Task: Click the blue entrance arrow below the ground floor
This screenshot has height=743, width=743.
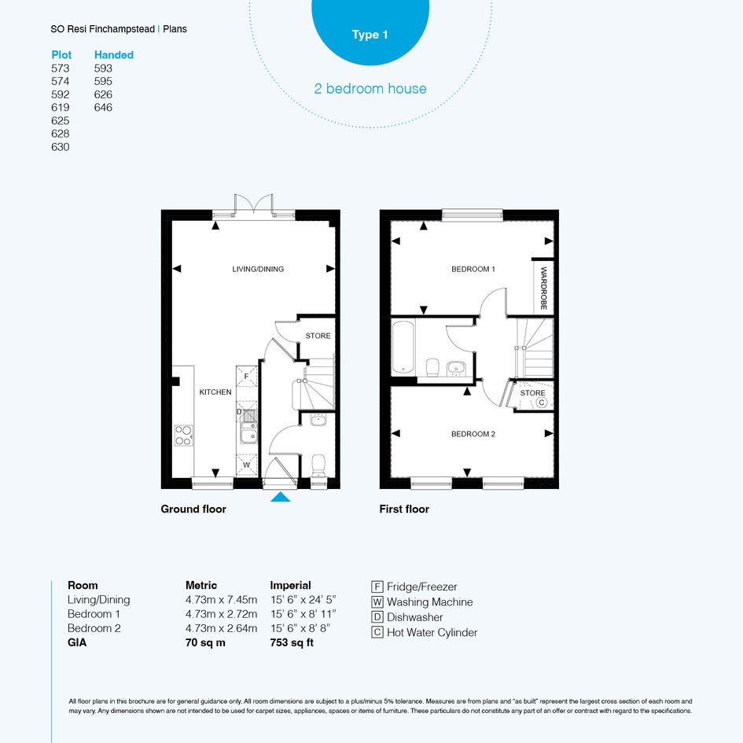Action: pos(281,497)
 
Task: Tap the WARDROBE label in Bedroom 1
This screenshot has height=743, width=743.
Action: pos(543,288)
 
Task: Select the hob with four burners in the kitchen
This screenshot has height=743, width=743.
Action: pos(184,436)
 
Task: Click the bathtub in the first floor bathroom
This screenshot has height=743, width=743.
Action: pos(403,348)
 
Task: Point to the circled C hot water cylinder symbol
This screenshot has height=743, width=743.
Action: pos(542,403)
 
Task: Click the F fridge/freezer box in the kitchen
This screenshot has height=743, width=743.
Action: pos(246,377)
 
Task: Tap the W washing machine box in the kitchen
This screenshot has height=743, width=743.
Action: pos(246,465)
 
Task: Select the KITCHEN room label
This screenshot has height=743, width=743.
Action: pos(215,392)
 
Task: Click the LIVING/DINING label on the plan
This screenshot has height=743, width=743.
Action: pos(258,269)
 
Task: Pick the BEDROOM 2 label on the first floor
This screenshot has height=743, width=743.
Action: pos(473,434)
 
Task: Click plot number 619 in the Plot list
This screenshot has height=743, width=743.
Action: pos(61,108)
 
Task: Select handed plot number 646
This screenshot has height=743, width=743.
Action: pos(103,108)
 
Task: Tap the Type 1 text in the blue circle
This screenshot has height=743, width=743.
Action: pos(370,35)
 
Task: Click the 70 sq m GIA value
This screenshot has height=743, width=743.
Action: pos(205,642)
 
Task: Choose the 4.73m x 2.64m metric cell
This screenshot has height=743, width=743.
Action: pos(221,628)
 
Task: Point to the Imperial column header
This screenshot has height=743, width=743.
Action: pos(290,586)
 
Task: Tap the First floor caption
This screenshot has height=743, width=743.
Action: pos(404,509)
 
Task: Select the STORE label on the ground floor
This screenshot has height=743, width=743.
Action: pos(318,336)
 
